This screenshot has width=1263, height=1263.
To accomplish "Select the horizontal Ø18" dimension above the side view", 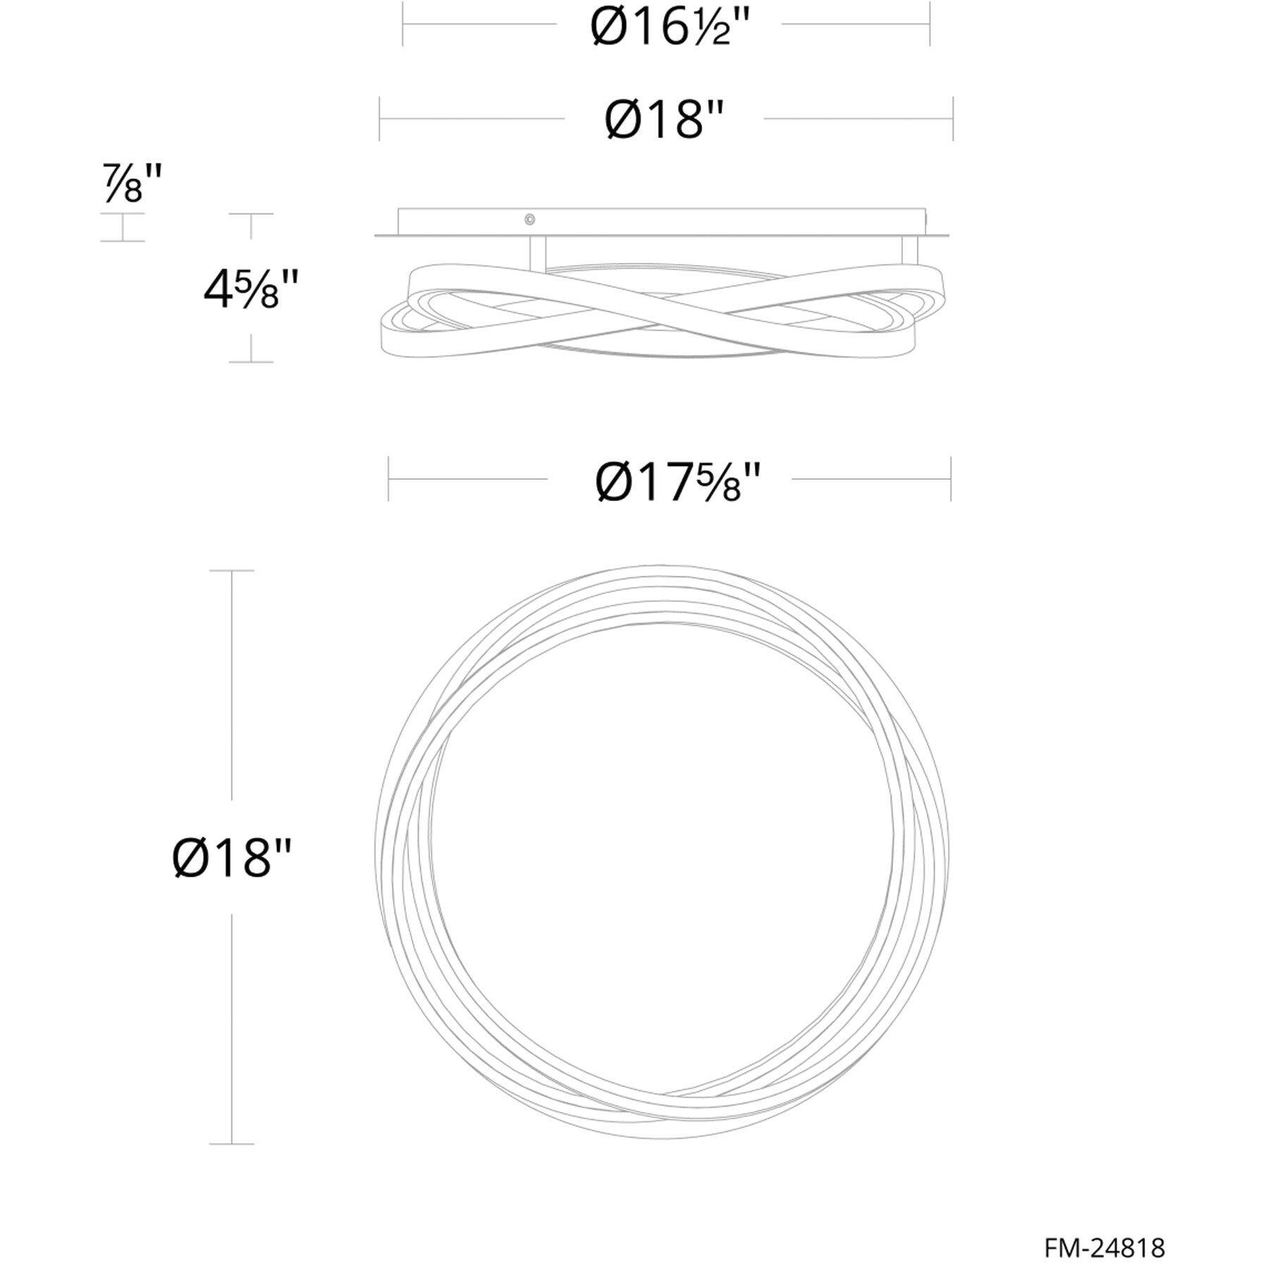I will point(665,119).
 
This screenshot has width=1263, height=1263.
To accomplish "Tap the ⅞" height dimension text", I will point(133,184).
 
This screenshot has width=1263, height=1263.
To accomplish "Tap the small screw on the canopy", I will point(529,220).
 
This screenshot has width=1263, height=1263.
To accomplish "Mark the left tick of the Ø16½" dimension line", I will point(402,24).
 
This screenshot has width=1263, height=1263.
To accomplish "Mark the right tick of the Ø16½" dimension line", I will point(930,24).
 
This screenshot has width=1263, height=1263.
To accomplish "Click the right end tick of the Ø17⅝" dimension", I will point(951,480).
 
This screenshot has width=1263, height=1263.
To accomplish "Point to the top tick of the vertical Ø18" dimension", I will point(232,571).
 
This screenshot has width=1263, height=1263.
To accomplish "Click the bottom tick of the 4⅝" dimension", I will point(251,362).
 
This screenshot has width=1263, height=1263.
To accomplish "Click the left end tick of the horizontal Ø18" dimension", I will point(380,118).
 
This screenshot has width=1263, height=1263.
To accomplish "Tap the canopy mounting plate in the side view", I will point(661,221).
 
